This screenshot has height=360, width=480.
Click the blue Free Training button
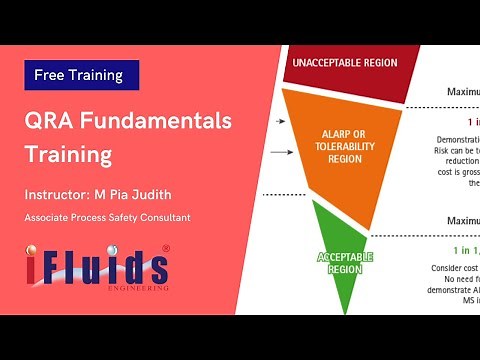coord(80,75)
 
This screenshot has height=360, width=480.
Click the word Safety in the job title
coord(118,217)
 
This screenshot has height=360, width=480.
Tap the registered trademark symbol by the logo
coord(165,248)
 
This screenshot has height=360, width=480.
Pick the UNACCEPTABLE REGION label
coord(344,63)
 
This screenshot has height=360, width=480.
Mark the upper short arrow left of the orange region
coord(277,121)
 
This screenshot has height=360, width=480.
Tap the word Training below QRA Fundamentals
coord(68,156)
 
